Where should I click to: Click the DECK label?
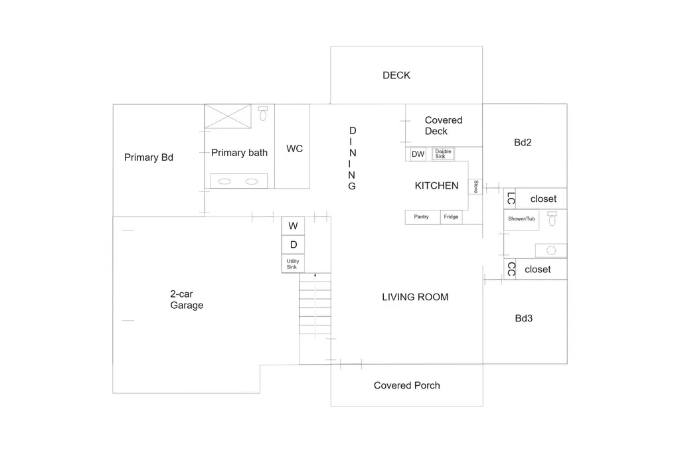[396, 76]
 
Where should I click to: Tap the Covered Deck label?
[443, 126]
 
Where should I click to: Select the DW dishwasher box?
[418, 154]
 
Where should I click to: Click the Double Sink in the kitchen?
[443, 153]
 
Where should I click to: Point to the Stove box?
[475, 187]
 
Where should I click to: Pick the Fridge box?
[451, 217]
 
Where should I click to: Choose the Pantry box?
[422, 217]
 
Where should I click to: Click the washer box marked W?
[293, 226]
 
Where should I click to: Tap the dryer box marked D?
[293, 244]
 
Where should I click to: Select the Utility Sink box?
[293, 264]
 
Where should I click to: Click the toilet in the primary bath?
[263, 113]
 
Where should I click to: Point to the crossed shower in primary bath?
[228, 116]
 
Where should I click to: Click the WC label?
[294, 149]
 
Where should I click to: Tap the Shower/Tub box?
[521, 220]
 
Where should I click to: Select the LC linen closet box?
[510, 199]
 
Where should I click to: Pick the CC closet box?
[510, 269]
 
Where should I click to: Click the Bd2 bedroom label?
[523, 142]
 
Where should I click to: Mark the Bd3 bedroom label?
[523, 318]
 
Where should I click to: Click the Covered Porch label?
[407, 385]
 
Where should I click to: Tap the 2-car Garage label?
[187, 300]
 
